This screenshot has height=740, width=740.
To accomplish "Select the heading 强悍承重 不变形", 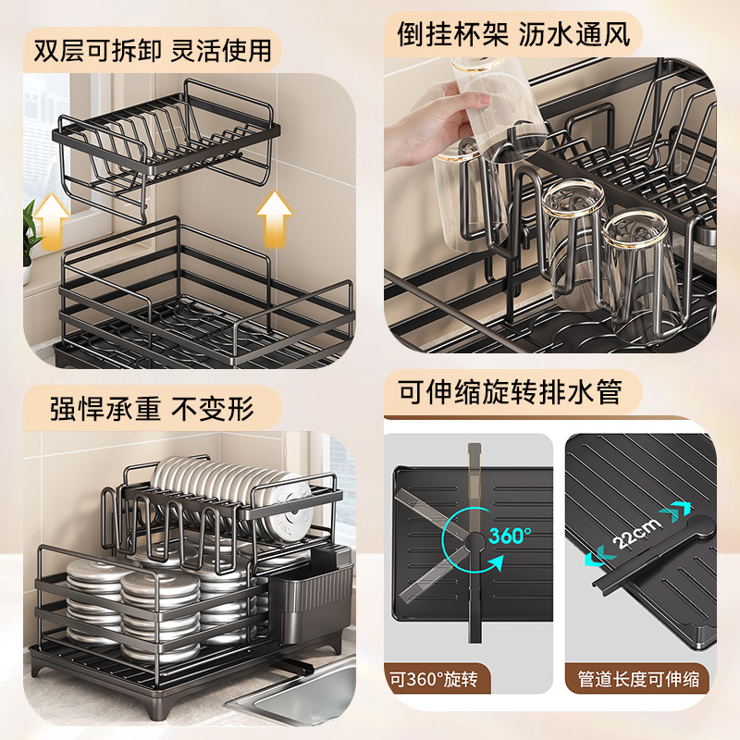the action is coord(152,407).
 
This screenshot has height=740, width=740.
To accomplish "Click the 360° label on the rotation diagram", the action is coord(508,535).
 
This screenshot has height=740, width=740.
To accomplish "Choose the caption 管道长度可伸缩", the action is coord(638,680).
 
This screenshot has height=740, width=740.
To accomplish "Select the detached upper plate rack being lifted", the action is coord(166,148).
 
